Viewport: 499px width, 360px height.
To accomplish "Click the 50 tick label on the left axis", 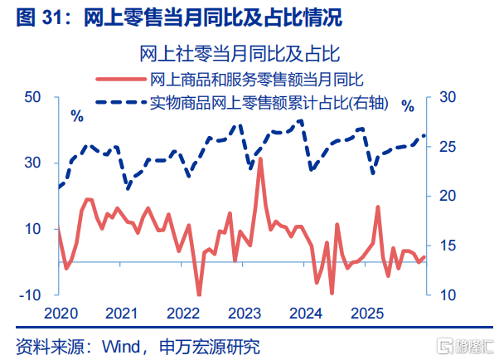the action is (x=32, y=97).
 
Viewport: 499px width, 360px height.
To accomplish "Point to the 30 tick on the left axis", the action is (x=32, y=163).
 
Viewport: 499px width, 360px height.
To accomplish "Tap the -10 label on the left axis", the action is (x=30, y=295).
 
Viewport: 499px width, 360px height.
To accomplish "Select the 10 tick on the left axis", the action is (x=32, y=229).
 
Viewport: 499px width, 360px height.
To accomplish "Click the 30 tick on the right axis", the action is (x=448, y=97).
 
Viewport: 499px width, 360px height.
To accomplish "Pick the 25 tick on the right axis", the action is (x=448, y=147).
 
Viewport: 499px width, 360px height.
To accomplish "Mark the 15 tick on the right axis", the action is (x=448, y=246).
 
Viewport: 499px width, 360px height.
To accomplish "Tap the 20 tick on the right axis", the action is (x=448, y=196).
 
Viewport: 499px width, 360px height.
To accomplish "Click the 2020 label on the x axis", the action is (x=61, y=314).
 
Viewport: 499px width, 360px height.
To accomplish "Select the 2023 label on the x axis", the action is (x=245, y=314).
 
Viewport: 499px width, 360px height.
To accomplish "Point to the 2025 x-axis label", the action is (x=367, y=314).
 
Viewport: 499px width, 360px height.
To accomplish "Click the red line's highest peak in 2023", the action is (x=260, y=158).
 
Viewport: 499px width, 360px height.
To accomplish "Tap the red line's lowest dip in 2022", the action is (x=199, y=294).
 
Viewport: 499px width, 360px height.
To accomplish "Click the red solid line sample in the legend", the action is (x=121, y=79).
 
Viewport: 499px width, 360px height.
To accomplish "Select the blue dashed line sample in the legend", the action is (x=121, y=102).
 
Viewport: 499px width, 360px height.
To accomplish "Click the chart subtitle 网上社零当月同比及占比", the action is (x=240, y=54).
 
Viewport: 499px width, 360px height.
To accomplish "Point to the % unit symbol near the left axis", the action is (x=77, y=117).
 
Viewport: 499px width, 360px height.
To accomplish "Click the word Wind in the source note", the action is (x=121, y=347).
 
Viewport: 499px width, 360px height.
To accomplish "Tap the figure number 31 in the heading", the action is (x=51, y=17).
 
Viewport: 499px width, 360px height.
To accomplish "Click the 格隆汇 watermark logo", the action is (x=465, y=346).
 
